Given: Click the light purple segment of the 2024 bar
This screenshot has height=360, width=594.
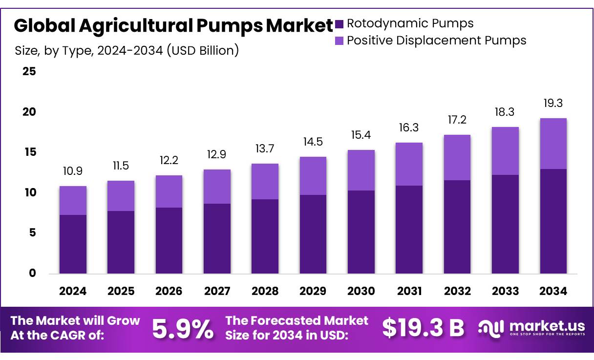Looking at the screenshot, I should [x=73, y=200].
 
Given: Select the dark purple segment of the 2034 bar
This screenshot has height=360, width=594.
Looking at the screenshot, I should [x=553, y=221].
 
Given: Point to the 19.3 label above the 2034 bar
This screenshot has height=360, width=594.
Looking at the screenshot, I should [x=553, y=104].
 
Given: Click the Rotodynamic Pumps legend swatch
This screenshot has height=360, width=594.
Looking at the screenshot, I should [x=339, y=23].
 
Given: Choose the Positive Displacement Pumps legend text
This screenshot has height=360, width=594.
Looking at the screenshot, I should [x=436, y=40].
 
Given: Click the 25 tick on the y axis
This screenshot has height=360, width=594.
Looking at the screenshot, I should [x=29, y=72].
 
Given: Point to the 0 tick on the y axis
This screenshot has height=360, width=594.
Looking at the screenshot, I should [x=32, y=273].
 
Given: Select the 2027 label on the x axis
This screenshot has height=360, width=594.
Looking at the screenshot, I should [x=217, y=291].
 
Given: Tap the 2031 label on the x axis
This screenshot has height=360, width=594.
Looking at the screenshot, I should [x=409, y=291].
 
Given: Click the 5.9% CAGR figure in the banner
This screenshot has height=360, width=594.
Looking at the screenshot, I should [x=183, y=329].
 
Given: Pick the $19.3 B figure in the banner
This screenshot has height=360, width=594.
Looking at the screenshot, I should [x=423, y=328].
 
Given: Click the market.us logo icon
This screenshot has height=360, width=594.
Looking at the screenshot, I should [x=490, y=328].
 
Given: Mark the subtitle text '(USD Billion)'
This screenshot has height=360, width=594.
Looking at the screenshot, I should [x=203, y=50].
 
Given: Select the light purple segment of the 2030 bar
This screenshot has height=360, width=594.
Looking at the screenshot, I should [x=361, y=170].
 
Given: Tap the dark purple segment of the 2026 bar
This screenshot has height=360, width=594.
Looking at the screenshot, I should [x=169, y=240].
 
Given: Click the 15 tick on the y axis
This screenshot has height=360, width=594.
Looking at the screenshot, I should [x=29, y=152].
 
